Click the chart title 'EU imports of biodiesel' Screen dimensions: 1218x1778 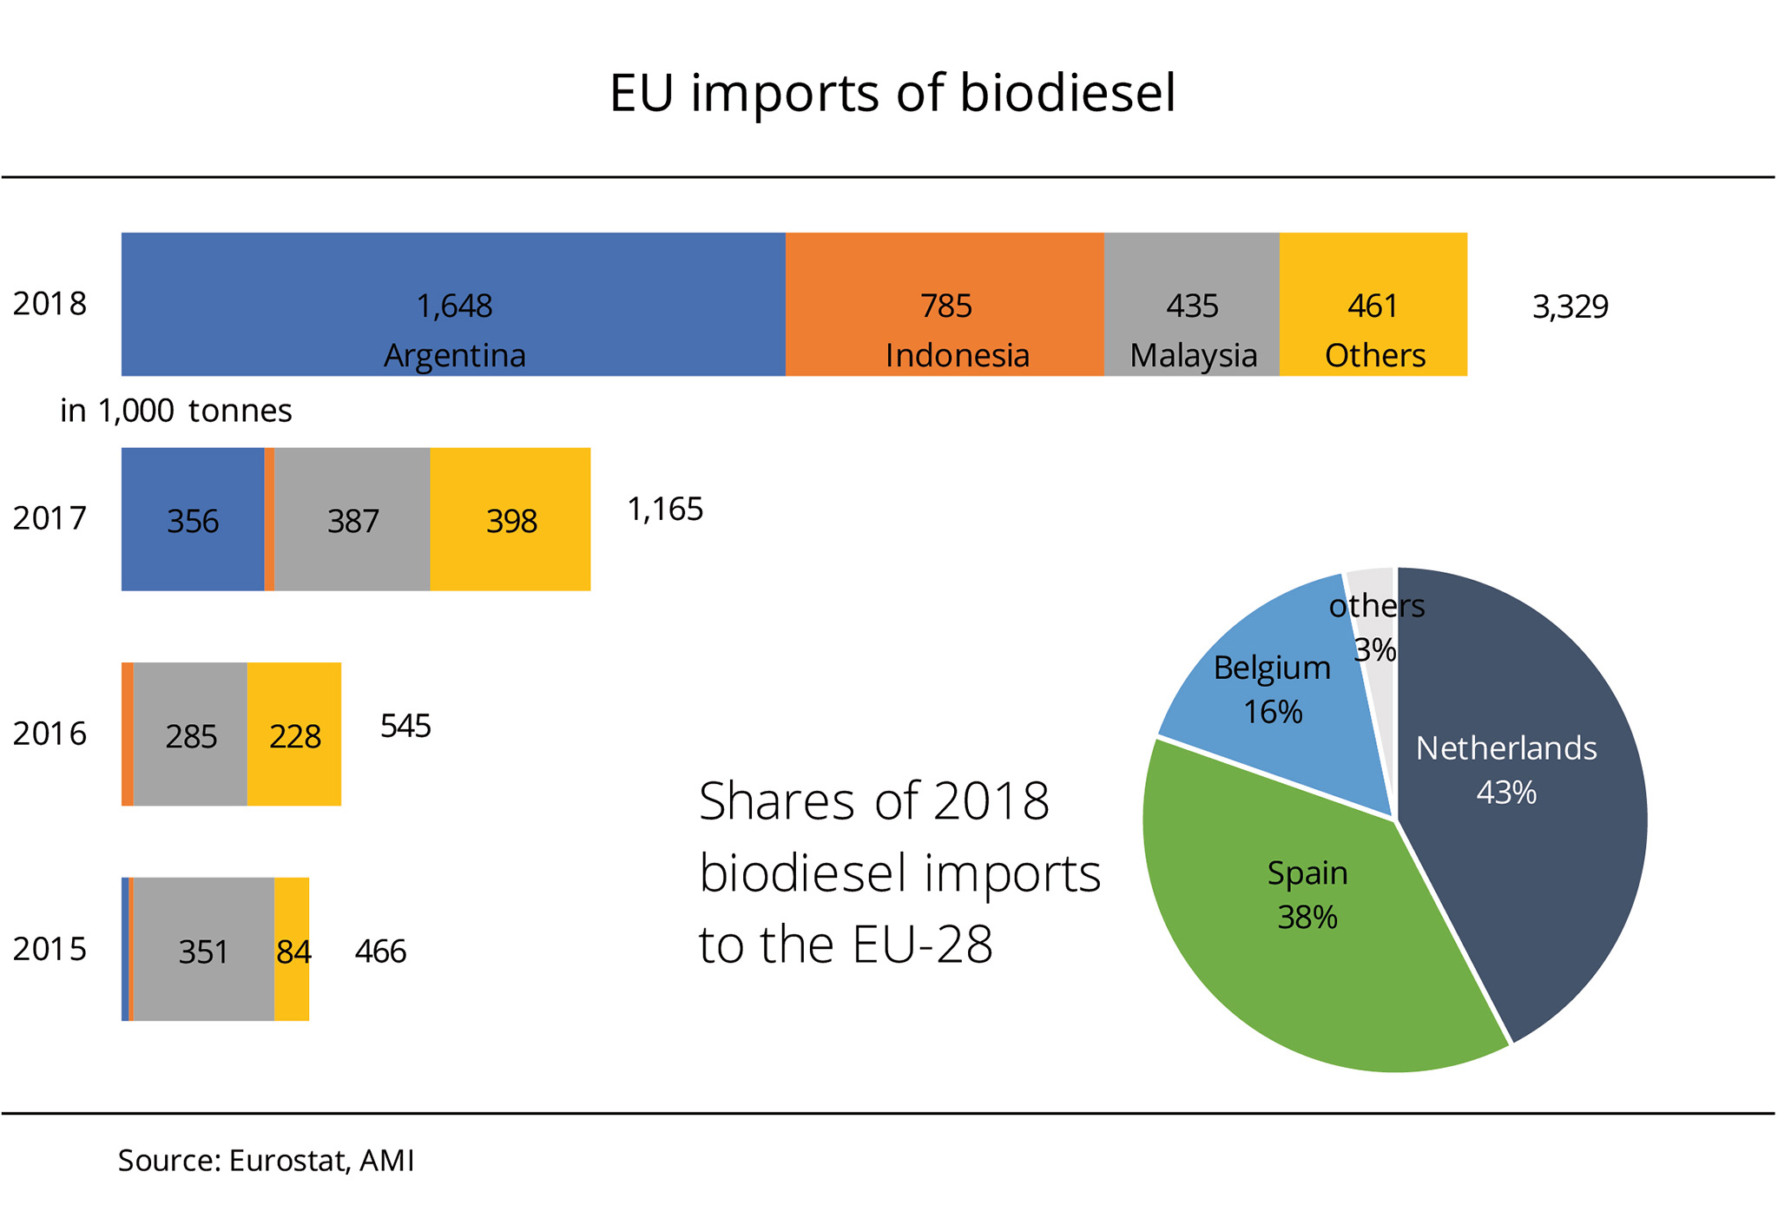click(892, 94)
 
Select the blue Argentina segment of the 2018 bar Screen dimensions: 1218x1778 click(453, 304)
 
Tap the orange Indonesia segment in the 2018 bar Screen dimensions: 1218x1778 click(945, 304)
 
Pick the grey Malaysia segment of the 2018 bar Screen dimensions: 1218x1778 click(1191, 304)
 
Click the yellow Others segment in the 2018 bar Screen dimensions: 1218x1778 click(1373, 304)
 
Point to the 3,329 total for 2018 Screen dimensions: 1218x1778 click(1570, 306)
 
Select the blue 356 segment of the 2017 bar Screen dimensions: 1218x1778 click(192, 519)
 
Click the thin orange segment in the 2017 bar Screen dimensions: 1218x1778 click(269, 519)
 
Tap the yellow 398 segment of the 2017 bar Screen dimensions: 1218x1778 click(510, 519)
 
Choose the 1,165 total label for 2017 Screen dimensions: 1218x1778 click(665, 510)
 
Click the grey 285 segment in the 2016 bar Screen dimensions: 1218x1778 click(190, 734)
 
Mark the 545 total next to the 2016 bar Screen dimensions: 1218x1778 click(405, 726)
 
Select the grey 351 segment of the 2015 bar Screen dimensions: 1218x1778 click(203, 950)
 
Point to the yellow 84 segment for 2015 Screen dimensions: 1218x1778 click(293, 950)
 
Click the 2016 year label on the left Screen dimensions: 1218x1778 click(49, 734)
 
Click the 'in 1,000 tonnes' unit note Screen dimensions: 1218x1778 click(175, 411)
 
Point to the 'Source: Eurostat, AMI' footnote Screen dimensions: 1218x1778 click(266, 1161)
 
